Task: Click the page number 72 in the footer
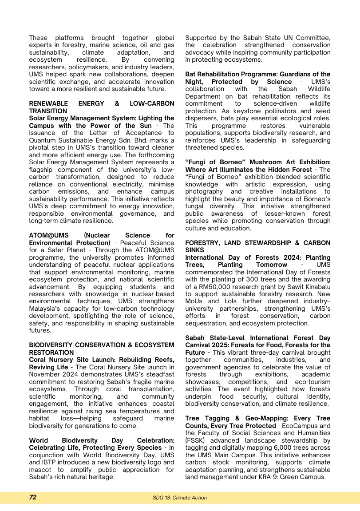[33, 498]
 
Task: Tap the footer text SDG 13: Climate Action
[180, 498]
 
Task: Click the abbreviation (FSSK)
[195, 440]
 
